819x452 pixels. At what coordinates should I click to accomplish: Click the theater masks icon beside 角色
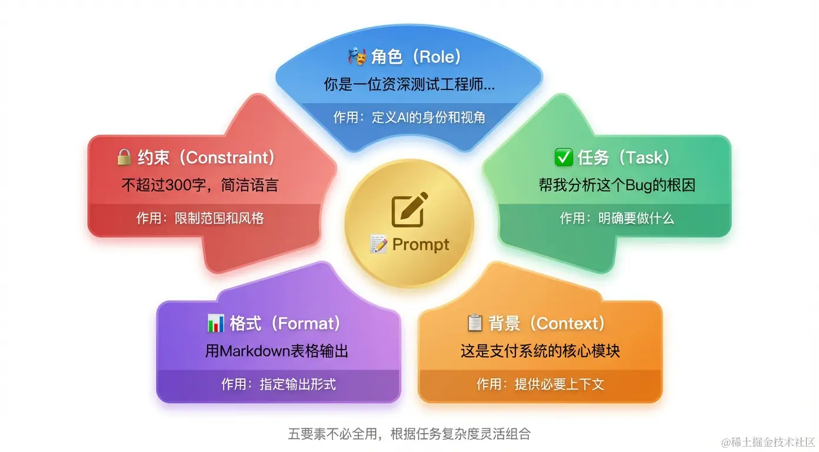tap(357, 56)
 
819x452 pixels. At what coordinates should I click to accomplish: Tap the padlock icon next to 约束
tap(124, 157)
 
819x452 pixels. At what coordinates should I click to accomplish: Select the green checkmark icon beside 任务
tap(563, 157)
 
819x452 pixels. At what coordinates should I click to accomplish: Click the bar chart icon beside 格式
tap(216, 323)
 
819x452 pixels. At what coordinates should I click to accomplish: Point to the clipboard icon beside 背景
tap(475, 323)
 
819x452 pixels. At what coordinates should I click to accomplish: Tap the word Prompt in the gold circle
tap(421, 244)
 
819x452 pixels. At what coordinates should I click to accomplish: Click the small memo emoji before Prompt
tap(378, 244)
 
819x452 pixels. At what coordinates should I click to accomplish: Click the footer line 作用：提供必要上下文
tap(540, 384)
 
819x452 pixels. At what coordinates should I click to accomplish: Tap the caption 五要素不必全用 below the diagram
tap(332, 434)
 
